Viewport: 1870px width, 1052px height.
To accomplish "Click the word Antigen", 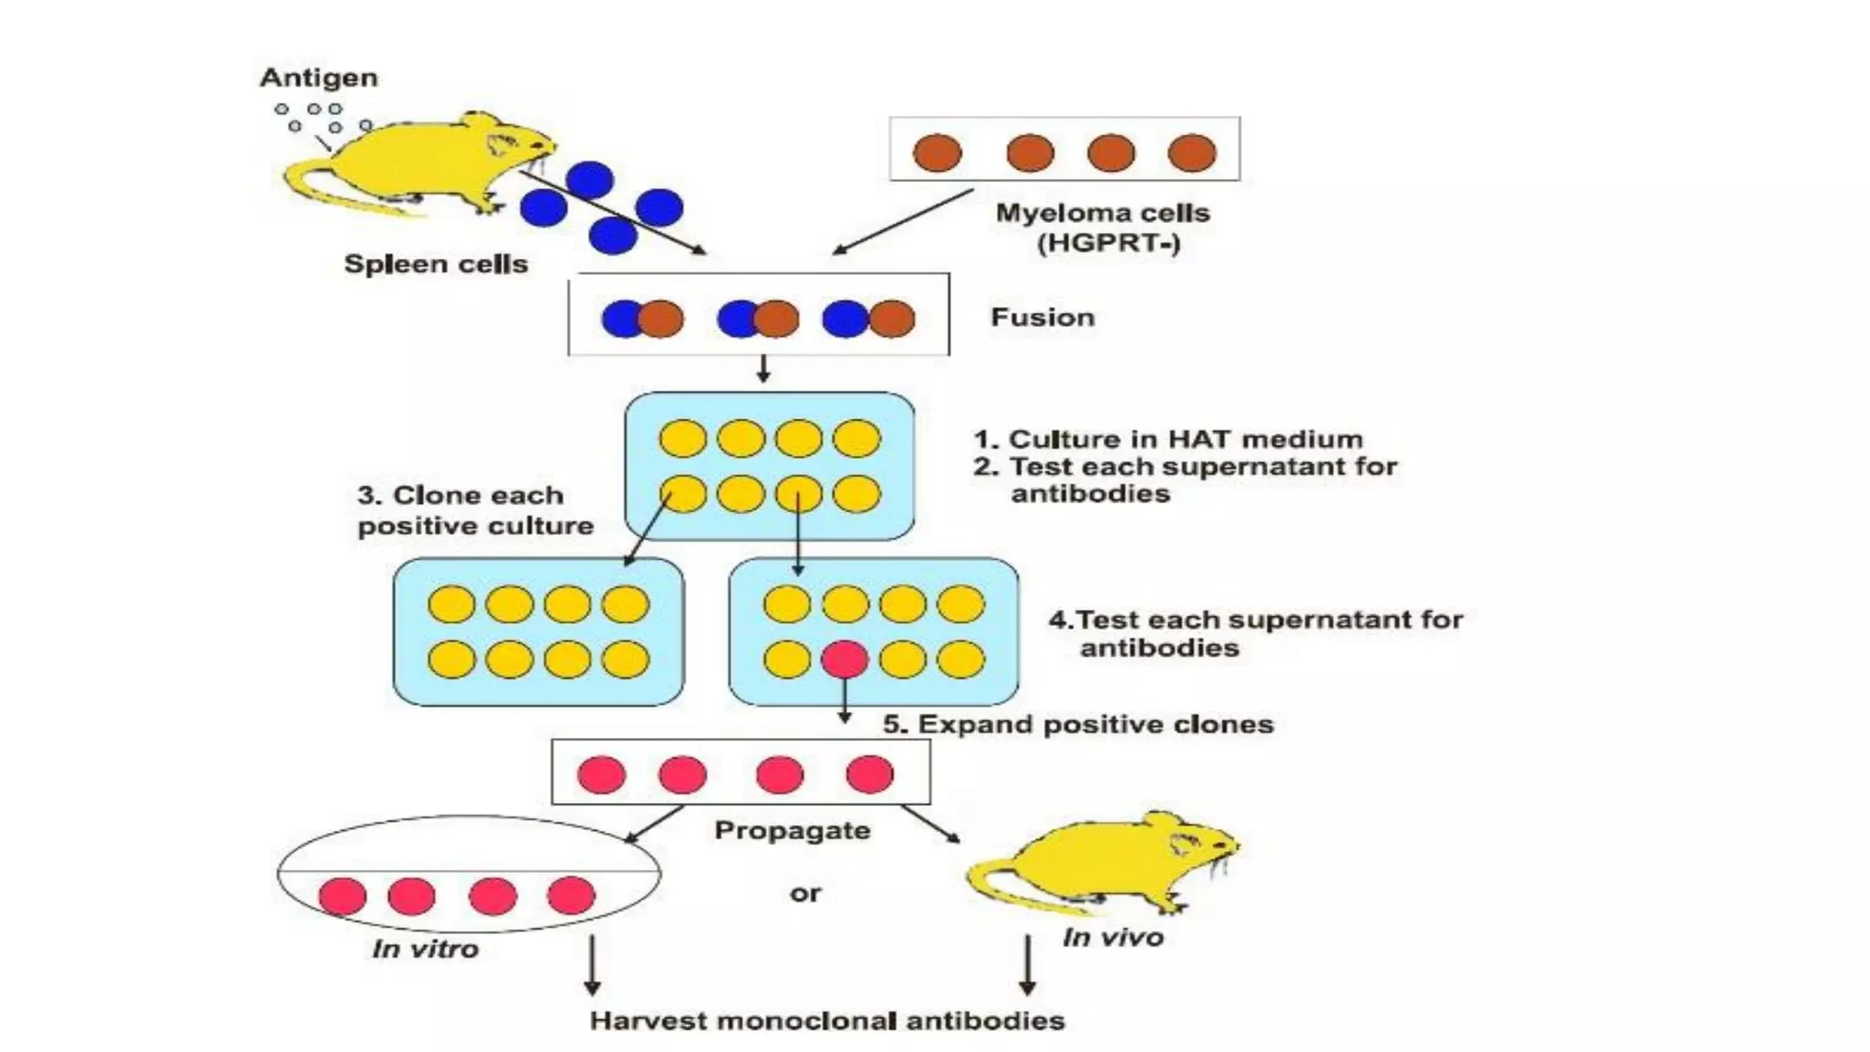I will pos(319,78).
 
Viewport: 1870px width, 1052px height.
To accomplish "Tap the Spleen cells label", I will pos(436,264).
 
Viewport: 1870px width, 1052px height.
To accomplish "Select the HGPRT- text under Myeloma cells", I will pos(1108,244).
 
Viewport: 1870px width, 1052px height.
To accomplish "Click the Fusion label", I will pos(1042,318).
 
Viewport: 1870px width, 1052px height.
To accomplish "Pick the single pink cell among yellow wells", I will pos(845,659).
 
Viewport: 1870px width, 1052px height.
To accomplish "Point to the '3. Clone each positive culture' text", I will pos(474,510).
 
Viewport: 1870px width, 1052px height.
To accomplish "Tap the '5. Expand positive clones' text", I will pos(1077,724).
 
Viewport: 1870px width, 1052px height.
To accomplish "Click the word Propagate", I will pos(792,830).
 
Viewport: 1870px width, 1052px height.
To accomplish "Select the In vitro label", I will pos(425,949).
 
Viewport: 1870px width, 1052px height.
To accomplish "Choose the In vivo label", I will pos(1112,938).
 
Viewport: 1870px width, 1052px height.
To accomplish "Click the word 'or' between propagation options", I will pos(805,893).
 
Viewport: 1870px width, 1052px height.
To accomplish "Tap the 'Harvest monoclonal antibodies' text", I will pos(827,1020).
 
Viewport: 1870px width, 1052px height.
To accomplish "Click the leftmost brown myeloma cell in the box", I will pos(938,153).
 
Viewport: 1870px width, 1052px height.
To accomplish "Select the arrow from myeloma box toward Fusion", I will pos(902,222).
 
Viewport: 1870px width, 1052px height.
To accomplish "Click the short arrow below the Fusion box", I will pos(763,369).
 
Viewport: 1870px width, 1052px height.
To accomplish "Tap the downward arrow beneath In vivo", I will pos(1027,964).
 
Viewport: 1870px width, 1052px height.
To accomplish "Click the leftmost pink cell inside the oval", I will pos(342,896).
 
